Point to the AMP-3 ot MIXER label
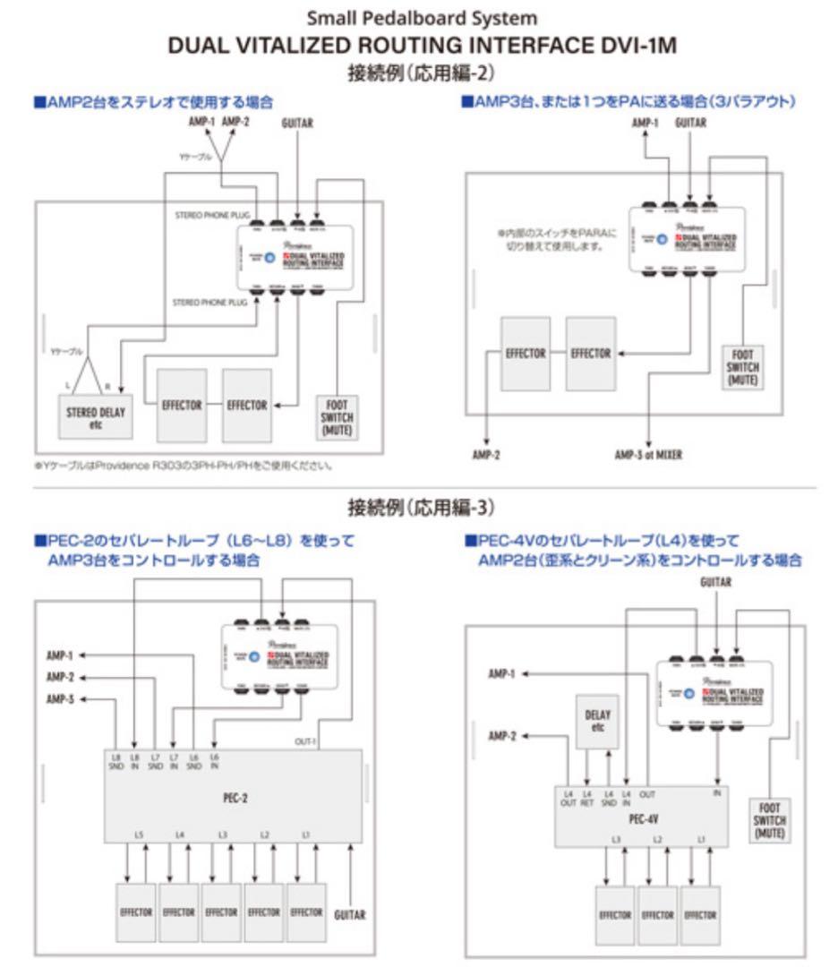(647, 455)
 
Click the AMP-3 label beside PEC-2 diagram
(60, 699)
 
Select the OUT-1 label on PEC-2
(305, 741)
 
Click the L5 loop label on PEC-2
(139, 835)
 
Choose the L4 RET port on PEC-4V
(588, 798)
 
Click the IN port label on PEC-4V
(716, 793)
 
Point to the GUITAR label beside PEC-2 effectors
(349, 914)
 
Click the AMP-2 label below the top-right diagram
(486, 455)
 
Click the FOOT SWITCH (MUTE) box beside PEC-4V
(769, 820)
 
